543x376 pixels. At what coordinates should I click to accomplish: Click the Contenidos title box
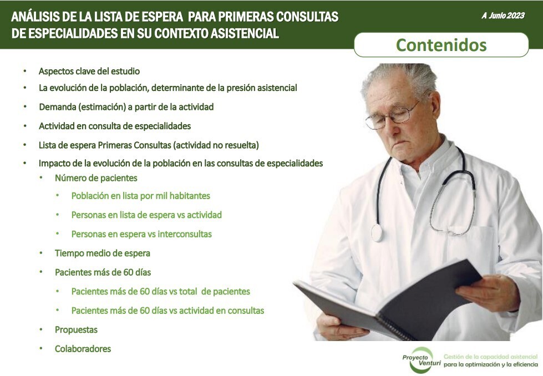point(441,45)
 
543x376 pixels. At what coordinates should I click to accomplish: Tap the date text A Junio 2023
point(503,16)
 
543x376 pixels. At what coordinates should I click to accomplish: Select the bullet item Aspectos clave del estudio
point(89,72)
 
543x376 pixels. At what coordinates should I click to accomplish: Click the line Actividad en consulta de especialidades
point(114,126)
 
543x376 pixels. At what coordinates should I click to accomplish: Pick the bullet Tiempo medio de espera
point(102,253)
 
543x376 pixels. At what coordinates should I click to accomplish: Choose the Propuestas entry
point(76,330)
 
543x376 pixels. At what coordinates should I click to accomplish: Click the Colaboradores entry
point(83,349)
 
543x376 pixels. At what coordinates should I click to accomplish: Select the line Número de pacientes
point(96,178)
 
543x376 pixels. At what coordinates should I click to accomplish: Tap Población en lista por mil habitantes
point(140,196)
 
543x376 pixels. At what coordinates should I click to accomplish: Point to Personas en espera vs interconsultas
point(141,234)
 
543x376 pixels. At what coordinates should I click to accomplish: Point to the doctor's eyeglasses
point(392,115)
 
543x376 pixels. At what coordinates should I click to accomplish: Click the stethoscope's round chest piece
point(377,232)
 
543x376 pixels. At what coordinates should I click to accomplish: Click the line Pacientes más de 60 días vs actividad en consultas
point(168,311)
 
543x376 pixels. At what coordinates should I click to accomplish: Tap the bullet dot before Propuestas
point(41,330)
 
